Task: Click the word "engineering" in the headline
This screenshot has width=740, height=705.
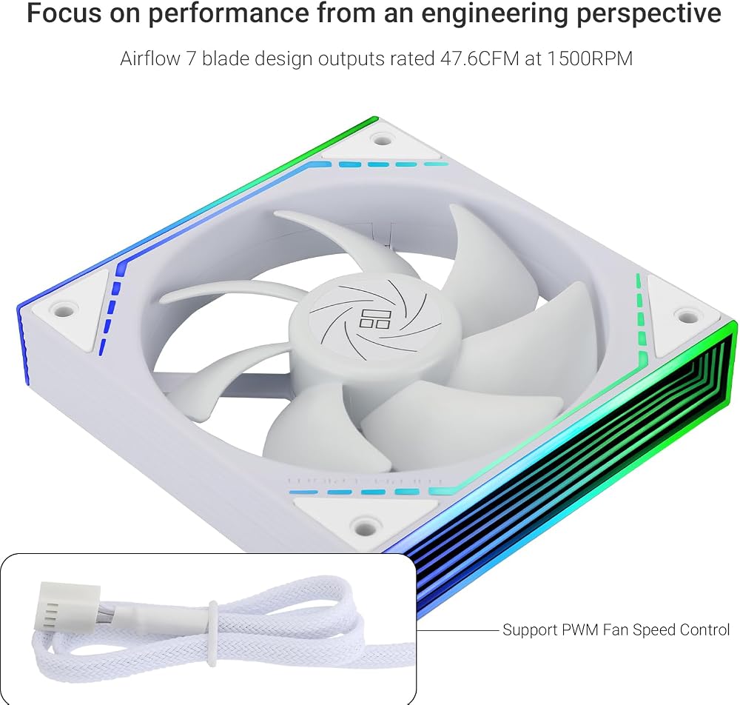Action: point(495,13)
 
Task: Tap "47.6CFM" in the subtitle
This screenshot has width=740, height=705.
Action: point(480,59)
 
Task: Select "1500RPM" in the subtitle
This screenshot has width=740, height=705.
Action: point(590,59)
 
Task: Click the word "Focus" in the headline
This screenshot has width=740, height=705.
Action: point(64,13)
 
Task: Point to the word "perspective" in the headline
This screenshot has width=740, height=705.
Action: point(650,14)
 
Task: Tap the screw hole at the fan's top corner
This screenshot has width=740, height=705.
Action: point(381,139)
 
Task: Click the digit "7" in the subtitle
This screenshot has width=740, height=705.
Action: point(191,59)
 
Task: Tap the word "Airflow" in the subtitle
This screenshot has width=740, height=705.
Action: point(150,59)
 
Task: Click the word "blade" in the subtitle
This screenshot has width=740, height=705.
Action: point(225,59)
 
